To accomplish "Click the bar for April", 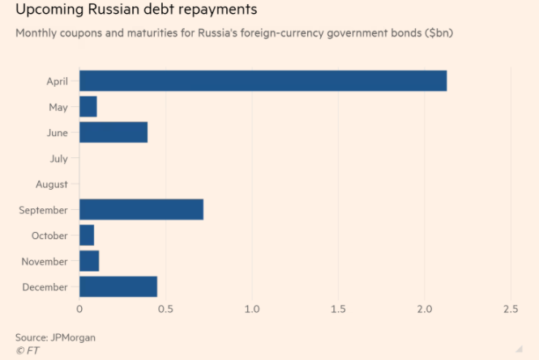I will (263, 81).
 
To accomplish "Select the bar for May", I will (88, 107).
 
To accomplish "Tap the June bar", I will (113, 132).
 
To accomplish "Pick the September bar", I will (141, 209).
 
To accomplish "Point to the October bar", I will (87, 235).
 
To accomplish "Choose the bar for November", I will (89, 261).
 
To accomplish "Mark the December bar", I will (118, 286).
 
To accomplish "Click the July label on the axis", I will (58, 159).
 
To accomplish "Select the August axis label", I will (52, 184).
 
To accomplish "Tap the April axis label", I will (58, 81).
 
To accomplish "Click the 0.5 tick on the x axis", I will (165, 310).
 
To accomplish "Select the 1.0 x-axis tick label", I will (251, 310).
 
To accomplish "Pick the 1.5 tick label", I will (338, 310).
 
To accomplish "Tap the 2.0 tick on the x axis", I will (424, 310).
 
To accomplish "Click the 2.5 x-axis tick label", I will (510, 310).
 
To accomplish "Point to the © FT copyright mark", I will (27, 350).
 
